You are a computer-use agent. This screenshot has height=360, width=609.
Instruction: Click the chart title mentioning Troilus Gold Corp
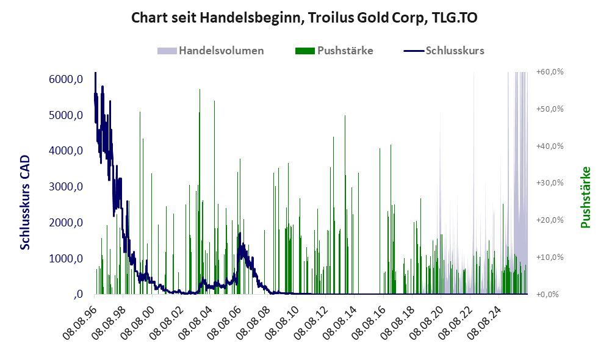pyautogui.click(x=304, y=18)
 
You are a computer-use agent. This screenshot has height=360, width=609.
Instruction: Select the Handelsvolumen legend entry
pyautogui.click(x=211, y=51)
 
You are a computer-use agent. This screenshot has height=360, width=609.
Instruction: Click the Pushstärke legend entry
pyautogui.click(x=334, y=51)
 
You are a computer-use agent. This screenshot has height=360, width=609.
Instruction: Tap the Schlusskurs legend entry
pyautogui.click(x=444, y=51)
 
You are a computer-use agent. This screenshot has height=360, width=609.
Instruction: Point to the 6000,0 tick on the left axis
pyautogui.click(x=66, y=79)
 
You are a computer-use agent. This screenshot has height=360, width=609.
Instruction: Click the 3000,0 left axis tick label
pyautogui.click(x=66, y=187)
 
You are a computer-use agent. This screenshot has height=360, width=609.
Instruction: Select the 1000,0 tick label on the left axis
pyautogui.click(x=66, y=259)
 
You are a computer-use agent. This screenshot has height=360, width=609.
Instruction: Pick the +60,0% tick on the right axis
pyautogui.click(x=550, y=72)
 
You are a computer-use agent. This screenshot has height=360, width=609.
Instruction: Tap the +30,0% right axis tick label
pyautogui.click(x=550, y=183)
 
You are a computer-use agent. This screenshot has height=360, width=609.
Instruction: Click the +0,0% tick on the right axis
pyautogui.click(x=547, y=294)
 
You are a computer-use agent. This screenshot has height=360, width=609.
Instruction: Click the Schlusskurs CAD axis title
pyautogui.click(x=25, y=203)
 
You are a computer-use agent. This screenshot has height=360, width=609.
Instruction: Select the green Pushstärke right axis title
pyautogui.click(x=586, y=197)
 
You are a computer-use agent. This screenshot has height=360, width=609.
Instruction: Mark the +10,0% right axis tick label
pyautogui.click(x=550, y=257)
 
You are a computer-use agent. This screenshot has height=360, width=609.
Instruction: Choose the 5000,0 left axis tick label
pyautogui.click(x=66, y=115)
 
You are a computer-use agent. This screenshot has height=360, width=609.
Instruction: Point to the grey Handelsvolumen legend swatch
pyautogui.click(x=167, y=51)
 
